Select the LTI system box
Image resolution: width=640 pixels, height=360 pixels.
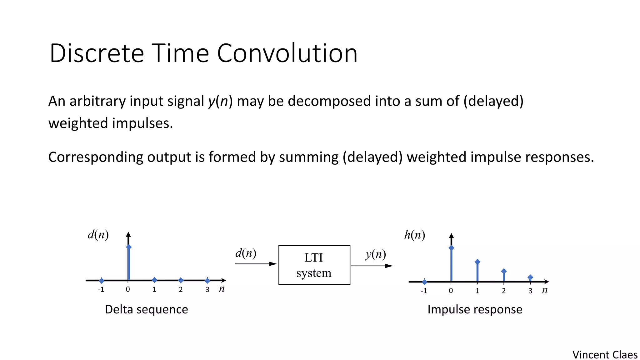click(314, 265)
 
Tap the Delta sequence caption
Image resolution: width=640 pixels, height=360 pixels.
click(146, 309)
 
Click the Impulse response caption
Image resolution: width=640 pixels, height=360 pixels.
click(475, 309)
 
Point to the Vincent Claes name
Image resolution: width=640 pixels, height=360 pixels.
click(605, 355)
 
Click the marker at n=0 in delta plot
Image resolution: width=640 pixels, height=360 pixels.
click(129, 247)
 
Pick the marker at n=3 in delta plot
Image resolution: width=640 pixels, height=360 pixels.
click(207, 281)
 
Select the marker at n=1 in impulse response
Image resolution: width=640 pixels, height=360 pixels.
click(477, 262)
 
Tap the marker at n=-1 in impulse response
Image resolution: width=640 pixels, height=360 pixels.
click(424, 282)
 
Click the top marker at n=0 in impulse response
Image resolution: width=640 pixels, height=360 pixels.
click(451, 248)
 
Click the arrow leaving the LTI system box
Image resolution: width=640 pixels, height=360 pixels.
click(372, 266)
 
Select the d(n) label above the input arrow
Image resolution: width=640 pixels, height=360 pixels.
click(246, 253)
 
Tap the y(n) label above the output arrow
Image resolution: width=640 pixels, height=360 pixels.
click(376, 254)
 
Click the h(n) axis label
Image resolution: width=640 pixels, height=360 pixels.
click(414, 235)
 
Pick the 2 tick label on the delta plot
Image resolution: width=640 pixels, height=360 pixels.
click(181, 290)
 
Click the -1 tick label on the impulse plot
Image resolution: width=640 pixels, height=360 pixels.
click(424, 291)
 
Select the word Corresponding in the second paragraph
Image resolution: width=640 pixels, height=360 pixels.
click(96, 157)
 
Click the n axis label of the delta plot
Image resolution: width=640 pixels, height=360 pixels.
click(222, 289)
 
